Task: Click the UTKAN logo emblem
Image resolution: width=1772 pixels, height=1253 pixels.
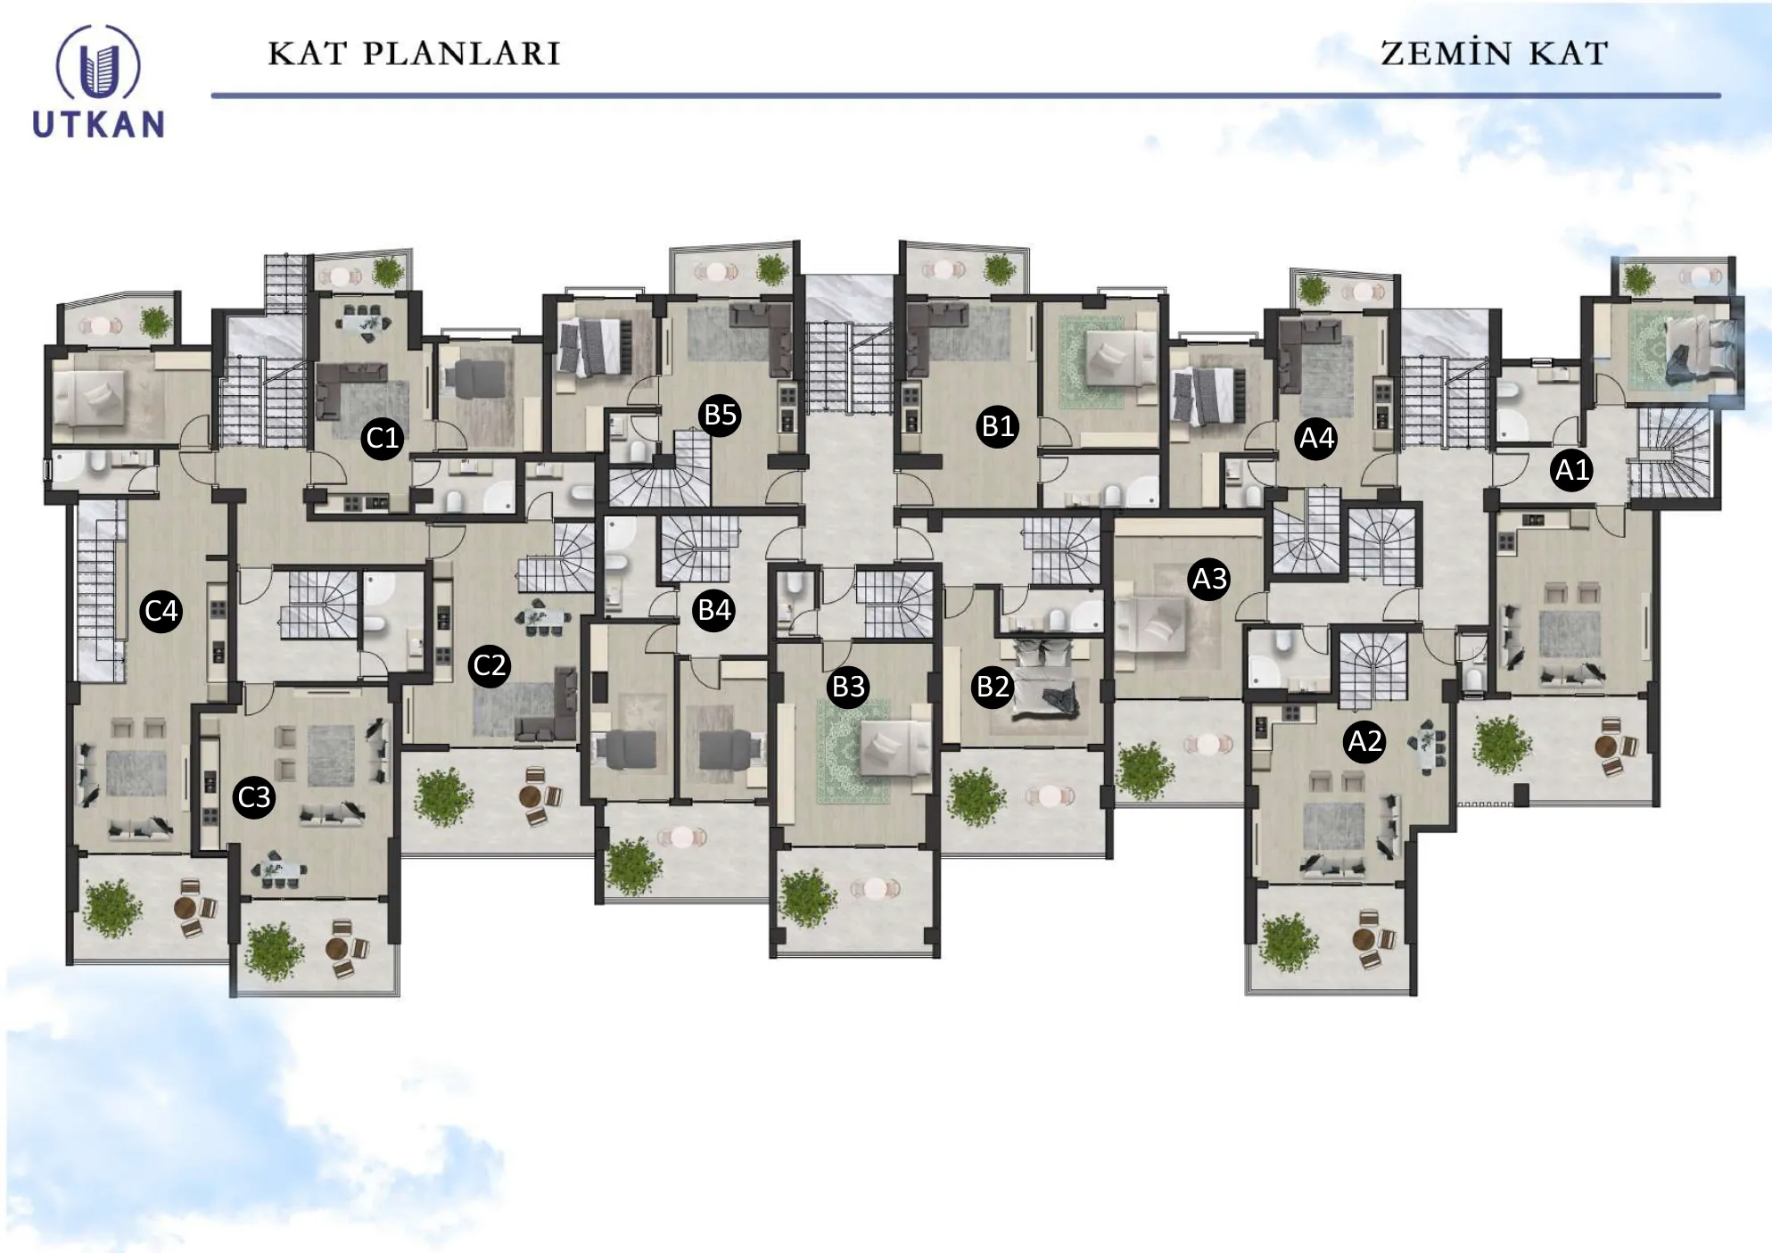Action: click(x=98, y=62)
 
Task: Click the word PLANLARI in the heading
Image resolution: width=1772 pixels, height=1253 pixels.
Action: click(x=461, y=54)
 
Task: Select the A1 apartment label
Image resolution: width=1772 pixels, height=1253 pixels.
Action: click(x=1572, y=469)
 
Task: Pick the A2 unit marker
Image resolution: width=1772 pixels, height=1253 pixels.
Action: click(x=1364, y=741)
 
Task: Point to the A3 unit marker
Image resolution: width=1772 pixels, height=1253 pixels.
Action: click(x=1209, y=579)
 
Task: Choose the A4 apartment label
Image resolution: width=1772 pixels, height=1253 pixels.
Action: click(x=1316, y=438)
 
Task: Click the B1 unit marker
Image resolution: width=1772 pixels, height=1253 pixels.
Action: click(x=998, y=426)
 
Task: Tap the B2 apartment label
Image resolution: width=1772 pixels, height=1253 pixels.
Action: click(x=993, y=687)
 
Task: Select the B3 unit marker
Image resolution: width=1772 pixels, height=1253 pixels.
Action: click(x=848, y=687)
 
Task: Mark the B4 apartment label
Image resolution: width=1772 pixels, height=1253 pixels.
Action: click(x=714, y=610)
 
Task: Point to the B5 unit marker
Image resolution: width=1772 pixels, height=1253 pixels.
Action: click(x=721, y=415)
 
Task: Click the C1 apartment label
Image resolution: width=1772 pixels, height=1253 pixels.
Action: click(x=383, y=438)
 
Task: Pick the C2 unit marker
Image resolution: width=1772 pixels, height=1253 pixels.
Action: click(x=490, y=665)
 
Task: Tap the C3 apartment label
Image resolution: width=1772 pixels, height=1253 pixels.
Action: click(x=254, y=796)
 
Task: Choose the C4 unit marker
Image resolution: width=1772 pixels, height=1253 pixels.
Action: click(x=161, y=611)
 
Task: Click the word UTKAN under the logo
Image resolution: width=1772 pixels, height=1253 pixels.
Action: click(x=99, y=124)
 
